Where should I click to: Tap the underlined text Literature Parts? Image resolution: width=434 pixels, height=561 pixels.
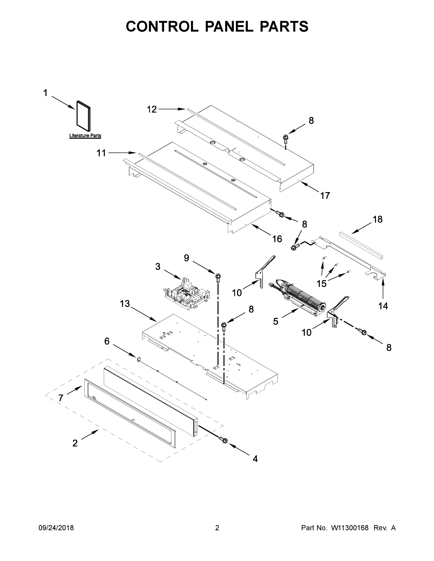tap(85, 136)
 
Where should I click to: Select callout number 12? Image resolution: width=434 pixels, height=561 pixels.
tap(152, 109)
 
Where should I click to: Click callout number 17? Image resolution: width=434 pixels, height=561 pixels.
tap(325, 196)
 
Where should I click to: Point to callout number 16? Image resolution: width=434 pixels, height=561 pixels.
tap(277, 239)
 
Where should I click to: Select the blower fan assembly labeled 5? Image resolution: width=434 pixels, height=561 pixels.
tap(303, 298)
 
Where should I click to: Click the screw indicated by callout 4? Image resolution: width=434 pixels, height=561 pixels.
tap(223, 440)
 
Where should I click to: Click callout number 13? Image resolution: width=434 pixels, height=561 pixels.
tap(125, 304)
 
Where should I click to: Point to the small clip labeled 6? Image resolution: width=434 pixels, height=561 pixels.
tap(138, 359)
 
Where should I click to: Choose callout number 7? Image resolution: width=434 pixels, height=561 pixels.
tap(61, 398)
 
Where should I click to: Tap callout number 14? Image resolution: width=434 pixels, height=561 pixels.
tap(383, 306)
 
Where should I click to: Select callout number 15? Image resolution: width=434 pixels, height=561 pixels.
tap(321, 284)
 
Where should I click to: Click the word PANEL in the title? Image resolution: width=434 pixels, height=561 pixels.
tap(229, 26)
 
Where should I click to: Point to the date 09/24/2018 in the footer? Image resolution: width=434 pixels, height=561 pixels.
tap(56, 528)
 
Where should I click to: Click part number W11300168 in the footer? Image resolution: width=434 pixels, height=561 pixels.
tap(350, 528)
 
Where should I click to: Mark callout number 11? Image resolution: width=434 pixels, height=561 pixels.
tap(101, 153)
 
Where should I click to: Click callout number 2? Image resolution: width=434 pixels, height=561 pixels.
tap(75, 443)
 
